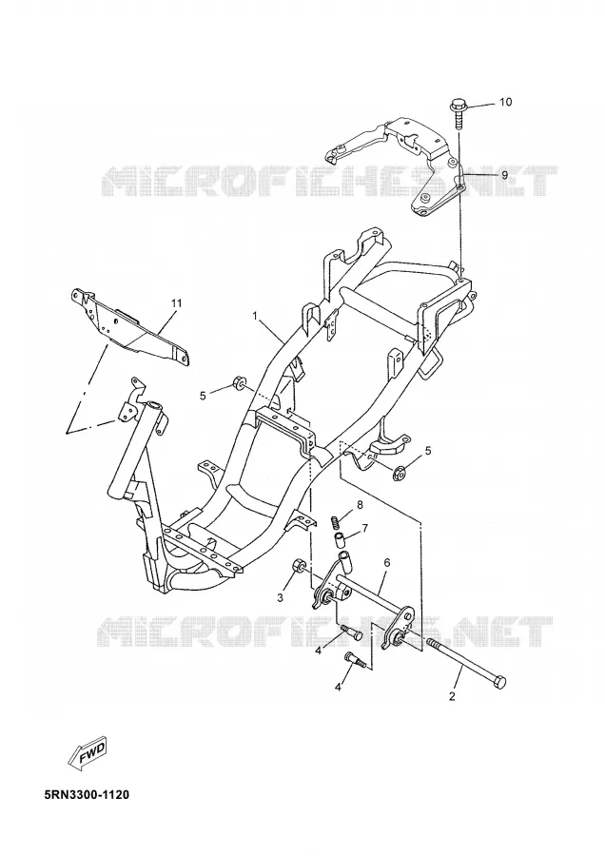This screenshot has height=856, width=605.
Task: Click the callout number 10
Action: coord(506,102)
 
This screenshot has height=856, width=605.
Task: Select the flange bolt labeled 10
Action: coord(458,112)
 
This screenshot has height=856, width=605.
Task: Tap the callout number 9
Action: coord(505,175)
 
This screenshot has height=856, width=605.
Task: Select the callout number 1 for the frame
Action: coord(254,316)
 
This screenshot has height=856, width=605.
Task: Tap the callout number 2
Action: coord(452,696)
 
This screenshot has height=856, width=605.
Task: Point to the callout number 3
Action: coord(280,598)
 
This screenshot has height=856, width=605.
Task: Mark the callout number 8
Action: coord(360,505)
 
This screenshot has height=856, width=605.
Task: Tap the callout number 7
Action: coord(364,528)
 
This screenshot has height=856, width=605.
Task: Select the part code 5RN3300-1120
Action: coord(87,794)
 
